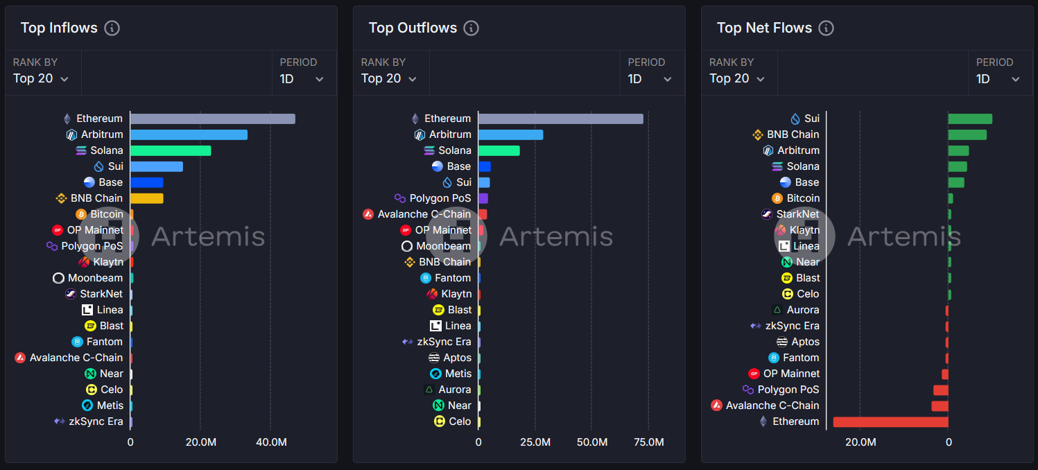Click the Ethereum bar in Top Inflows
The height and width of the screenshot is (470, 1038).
pyautogui.click(x=212, y=119)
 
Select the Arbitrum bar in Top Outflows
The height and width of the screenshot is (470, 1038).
pyautogui.click(x=510, y=134)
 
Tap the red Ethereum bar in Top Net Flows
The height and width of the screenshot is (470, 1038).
pyautogui.click(x=890, y=421)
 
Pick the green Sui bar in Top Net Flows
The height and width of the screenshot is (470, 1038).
pyautogui.click(x=970, y=119)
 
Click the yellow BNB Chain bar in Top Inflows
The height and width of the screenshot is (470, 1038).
pyautogui.click(x=146, y=198)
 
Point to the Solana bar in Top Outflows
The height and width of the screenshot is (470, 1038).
pyautogui.click(x=499, y=150)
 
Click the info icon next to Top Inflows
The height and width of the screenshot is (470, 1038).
pyautogui.click(x=112, y=28)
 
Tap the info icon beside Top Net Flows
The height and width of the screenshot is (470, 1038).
pyautogui.click(x=826, y=28)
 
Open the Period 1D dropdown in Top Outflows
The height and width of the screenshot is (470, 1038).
pyautogui.click(x=650, y=78)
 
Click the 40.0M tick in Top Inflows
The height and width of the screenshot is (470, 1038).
pyautogui.click(x=271, y=442)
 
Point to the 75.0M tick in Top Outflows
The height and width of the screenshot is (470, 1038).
pyautogui.click(x=648, y=442)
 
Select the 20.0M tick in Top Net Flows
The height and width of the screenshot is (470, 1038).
pyautogui.click(x=860, y=442)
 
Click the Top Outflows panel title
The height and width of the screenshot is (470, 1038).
pyautogui.click(x=413, y=28)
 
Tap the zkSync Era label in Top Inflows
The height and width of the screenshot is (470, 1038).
pyautogui.click(x=96, y=421)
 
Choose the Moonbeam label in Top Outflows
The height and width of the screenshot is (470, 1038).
pyautogui.click(x=443, y=246)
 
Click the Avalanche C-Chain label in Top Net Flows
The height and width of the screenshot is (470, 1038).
pyautogui.click(x=772, y=406)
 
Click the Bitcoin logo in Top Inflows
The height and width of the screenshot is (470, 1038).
pyautogui.click(x=81, y=214)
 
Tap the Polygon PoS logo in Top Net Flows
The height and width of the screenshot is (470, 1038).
pyautogui.click(x=748, y=390)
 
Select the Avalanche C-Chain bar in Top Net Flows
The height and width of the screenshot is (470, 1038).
pyautogui.click(x=940, y=406)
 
